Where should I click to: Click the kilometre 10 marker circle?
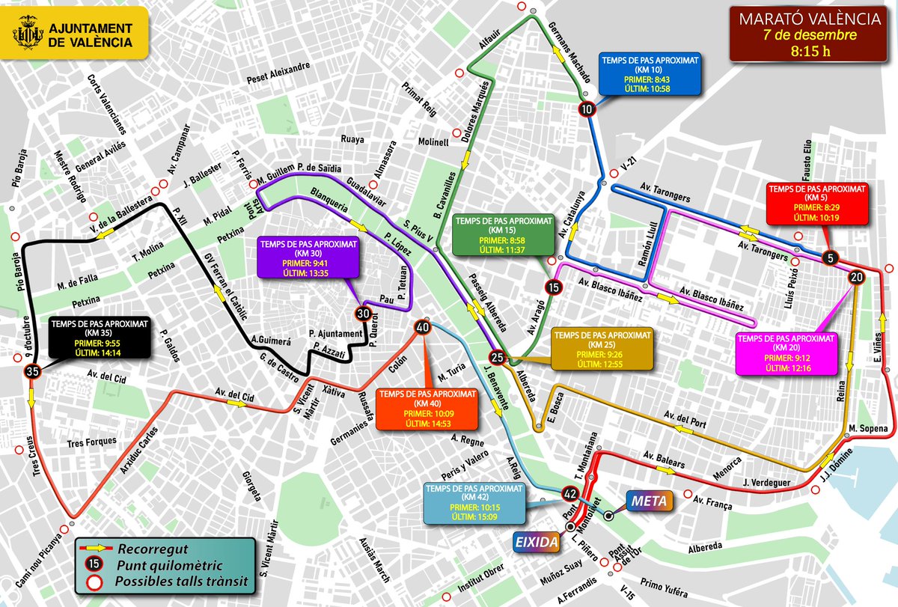[587, 109]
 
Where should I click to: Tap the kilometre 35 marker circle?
[32, 370]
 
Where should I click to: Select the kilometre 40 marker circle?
[423, 327]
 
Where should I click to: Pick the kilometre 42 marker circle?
[569, 494]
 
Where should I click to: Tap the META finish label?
[647, 500]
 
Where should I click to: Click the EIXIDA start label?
[535, 542]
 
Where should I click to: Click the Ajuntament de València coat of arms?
[29, 36]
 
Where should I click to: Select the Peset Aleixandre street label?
[279, 68]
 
